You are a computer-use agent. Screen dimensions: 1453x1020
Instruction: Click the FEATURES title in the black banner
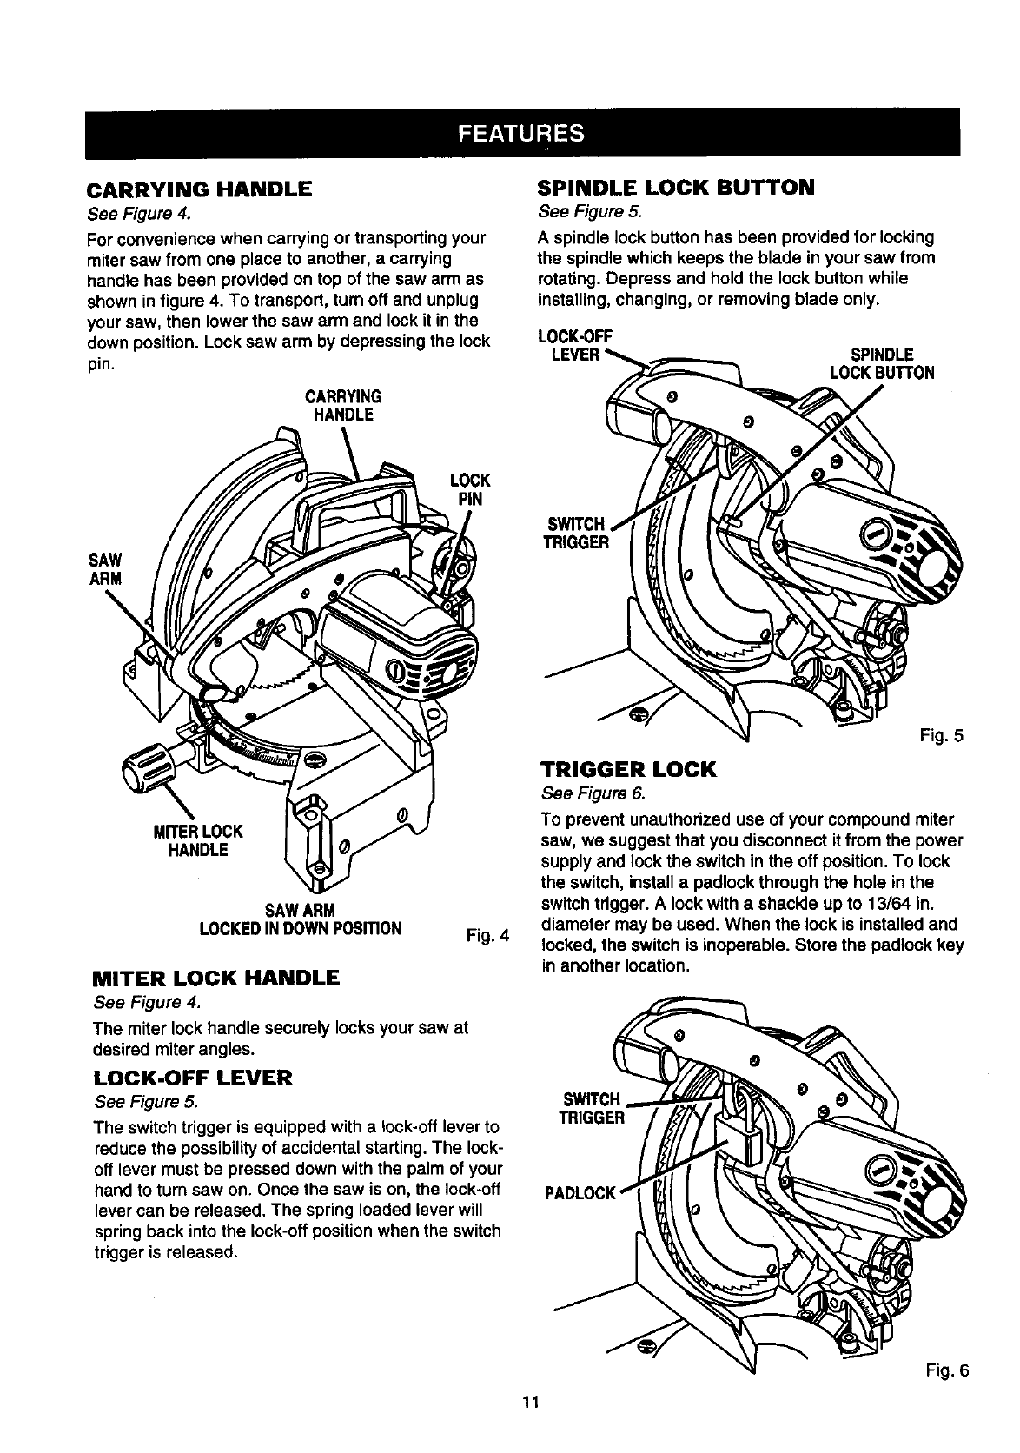521,134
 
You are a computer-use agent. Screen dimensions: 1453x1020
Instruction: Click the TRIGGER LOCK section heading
628,769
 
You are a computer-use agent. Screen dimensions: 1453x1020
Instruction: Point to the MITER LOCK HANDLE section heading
215,978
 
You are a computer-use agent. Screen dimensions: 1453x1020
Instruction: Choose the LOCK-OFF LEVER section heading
195,1078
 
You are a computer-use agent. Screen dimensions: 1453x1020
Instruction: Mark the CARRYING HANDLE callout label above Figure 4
343,405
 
